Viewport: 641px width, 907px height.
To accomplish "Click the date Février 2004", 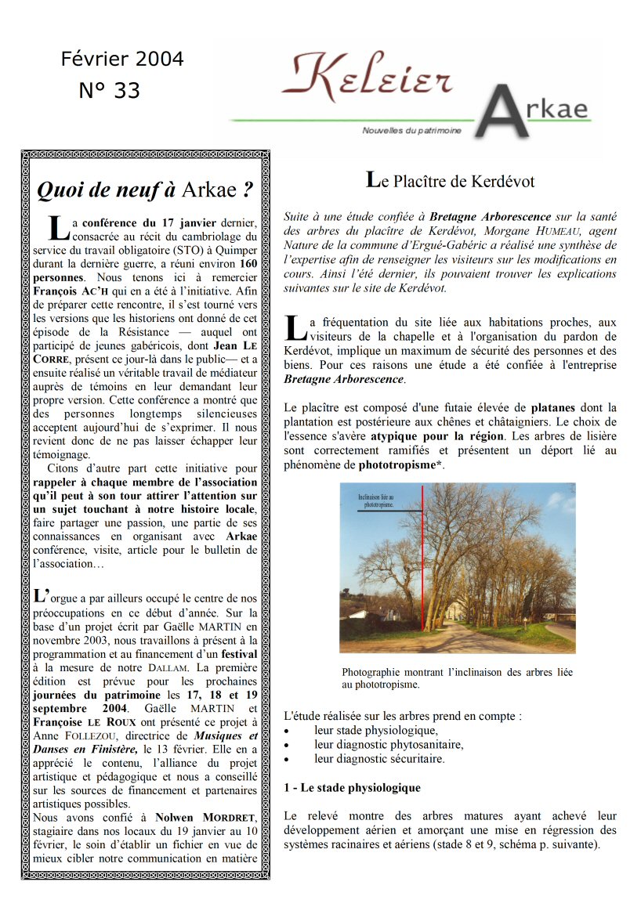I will [122, 60].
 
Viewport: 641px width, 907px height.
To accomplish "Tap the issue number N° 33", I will [110, 91].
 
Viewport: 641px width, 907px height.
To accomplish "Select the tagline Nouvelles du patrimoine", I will [411, 131].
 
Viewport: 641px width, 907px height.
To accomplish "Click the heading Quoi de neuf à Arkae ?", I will [146, 190].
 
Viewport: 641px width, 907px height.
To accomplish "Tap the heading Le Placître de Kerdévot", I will [451, 181].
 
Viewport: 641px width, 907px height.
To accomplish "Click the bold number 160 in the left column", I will [248, 263].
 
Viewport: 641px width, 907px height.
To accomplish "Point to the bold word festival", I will [239, 653].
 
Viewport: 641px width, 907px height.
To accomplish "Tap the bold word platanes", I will [552, 407].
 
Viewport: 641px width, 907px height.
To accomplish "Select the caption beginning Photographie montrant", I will [457, 678].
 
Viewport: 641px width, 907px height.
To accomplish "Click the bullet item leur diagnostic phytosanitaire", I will [388, 744].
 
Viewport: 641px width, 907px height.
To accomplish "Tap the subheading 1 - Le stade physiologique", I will [352, 788].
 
